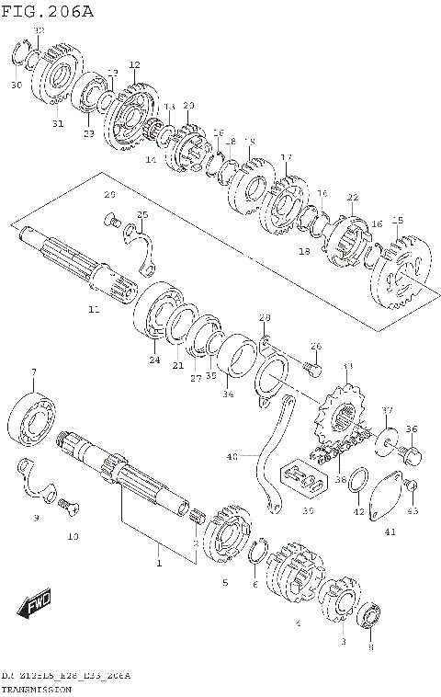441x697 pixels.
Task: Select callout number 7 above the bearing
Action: [33, 372]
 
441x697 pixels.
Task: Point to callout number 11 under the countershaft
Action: [93, 311]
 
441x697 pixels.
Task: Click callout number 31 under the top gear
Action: [56, 125]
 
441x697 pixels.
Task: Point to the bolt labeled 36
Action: [410, 453]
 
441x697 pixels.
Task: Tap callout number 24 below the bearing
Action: [154, 360]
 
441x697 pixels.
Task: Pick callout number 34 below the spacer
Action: [228, 394]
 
